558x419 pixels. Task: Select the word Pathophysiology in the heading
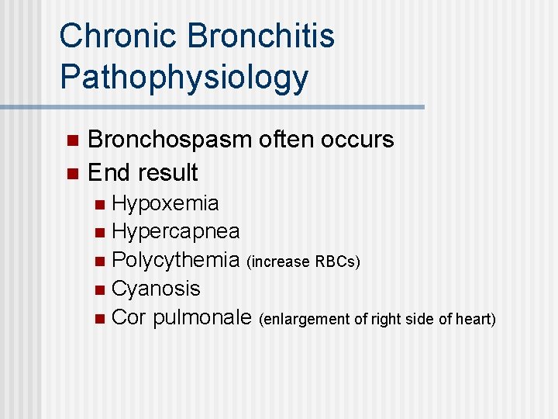pyautogui.click(x=184, y=78)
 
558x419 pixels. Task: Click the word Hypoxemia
pyautogui.click(x=165, y=204)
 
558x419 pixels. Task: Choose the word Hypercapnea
pyautogui.click(x=175, y=232)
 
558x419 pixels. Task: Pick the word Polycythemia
pyautogui.click(x=176, y=261)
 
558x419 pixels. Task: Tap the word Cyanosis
pyautogui.click(x=156, y=289)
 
